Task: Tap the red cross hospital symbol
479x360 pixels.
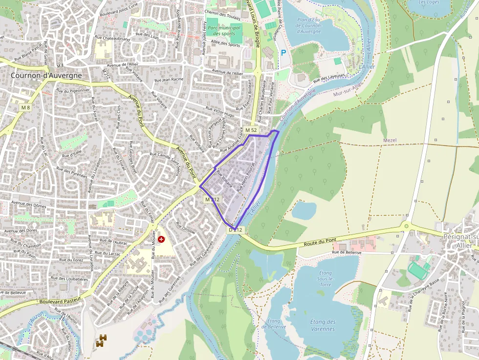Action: [161, 239]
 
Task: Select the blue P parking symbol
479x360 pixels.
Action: [283, 52]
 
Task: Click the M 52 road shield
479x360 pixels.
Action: [251, 130]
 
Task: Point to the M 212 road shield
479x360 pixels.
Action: [213, 199]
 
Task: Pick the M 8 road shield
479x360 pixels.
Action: [25, 107]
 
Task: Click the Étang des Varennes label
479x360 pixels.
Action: [323, 325]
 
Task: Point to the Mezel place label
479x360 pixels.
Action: [390, 140]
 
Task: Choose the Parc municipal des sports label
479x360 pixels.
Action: [224, 31]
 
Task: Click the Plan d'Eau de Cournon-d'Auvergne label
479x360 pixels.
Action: [309, 25]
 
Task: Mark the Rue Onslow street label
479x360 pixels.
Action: [185, 229]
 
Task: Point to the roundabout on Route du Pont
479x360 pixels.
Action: [405, 226]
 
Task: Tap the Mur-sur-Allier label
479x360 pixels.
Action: [348, 89]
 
